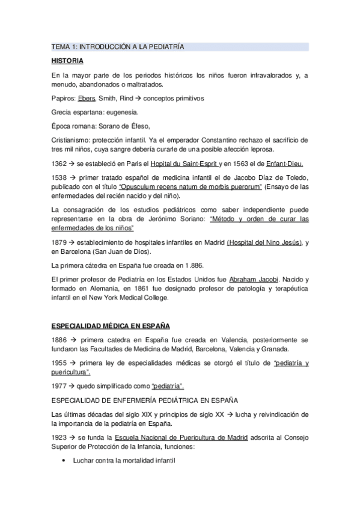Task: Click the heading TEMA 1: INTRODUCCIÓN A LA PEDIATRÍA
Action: click(117, 46)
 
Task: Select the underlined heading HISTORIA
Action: click(67, 61)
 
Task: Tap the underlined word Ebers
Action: click(87, 98)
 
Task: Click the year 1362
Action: click(59, 163)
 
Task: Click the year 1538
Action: click(59, 177)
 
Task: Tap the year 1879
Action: click(59, 242)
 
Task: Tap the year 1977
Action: click(59, 386)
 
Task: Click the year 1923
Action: click(59, 437)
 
